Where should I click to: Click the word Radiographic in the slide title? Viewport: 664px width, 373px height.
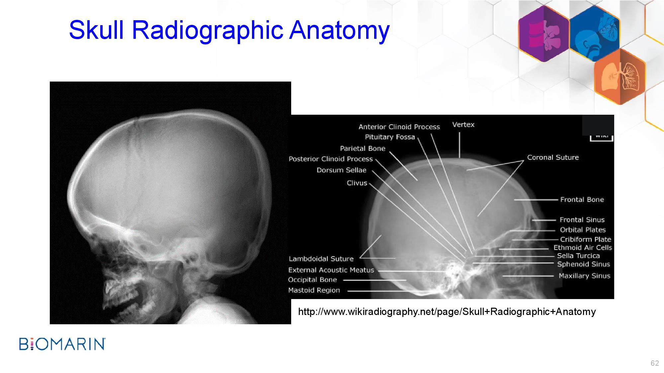tap(208, 30)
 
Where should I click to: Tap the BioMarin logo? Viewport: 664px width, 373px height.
tap(62, 344)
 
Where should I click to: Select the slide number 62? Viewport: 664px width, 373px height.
tap(655, 363)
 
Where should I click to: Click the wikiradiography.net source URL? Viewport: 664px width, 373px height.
tap(447, 312)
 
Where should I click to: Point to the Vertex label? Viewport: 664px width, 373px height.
tap(463, 125)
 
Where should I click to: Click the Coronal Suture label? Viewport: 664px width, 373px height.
tap(553, 157)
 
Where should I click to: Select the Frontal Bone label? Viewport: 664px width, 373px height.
tap(582, 200)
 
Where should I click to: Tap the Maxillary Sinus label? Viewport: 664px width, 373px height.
tap(584, 276)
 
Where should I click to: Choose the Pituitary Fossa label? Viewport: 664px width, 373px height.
tap(390, 137)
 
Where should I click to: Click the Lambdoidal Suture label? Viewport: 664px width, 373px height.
tap(321, 259)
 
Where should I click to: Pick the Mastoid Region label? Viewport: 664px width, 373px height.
tap(314, 290)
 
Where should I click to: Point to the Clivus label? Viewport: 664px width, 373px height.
tap(357, 183)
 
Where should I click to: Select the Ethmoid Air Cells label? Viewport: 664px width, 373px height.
tap(583, 248)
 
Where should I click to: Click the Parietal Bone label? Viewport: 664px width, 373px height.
tap(363, 149)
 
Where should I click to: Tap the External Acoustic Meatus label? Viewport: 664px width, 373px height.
tap(331, 270)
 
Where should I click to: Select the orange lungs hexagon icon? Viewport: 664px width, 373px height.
tap(620, 77)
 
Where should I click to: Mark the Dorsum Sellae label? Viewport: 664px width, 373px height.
tap(341, 170)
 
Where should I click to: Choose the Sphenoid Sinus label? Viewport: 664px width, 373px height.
tap(584, 264)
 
